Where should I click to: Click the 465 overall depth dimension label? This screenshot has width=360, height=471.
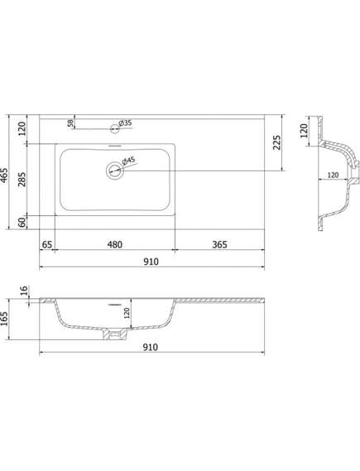(x=4, y=175)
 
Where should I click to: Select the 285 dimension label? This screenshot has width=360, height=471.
(x=22, y=180)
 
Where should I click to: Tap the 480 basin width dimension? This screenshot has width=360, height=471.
(x=115, y=244)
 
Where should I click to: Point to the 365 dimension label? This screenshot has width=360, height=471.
(x=219, y=244)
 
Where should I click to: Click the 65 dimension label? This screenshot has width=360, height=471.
(x=47, y=244)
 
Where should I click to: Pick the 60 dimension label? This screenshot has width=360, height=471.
(x=22, y=223)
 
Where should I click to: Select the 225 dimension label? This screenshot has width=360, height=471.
(x=277, y=142)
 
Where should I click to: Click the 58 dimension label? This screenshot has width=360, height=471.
(x=70, y=123)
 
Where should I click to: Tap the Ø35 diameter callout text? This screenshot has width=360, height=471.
(x=125, y=123)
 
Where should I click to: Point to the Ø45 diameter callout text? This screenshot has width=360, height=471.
(x=129, y=161)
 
